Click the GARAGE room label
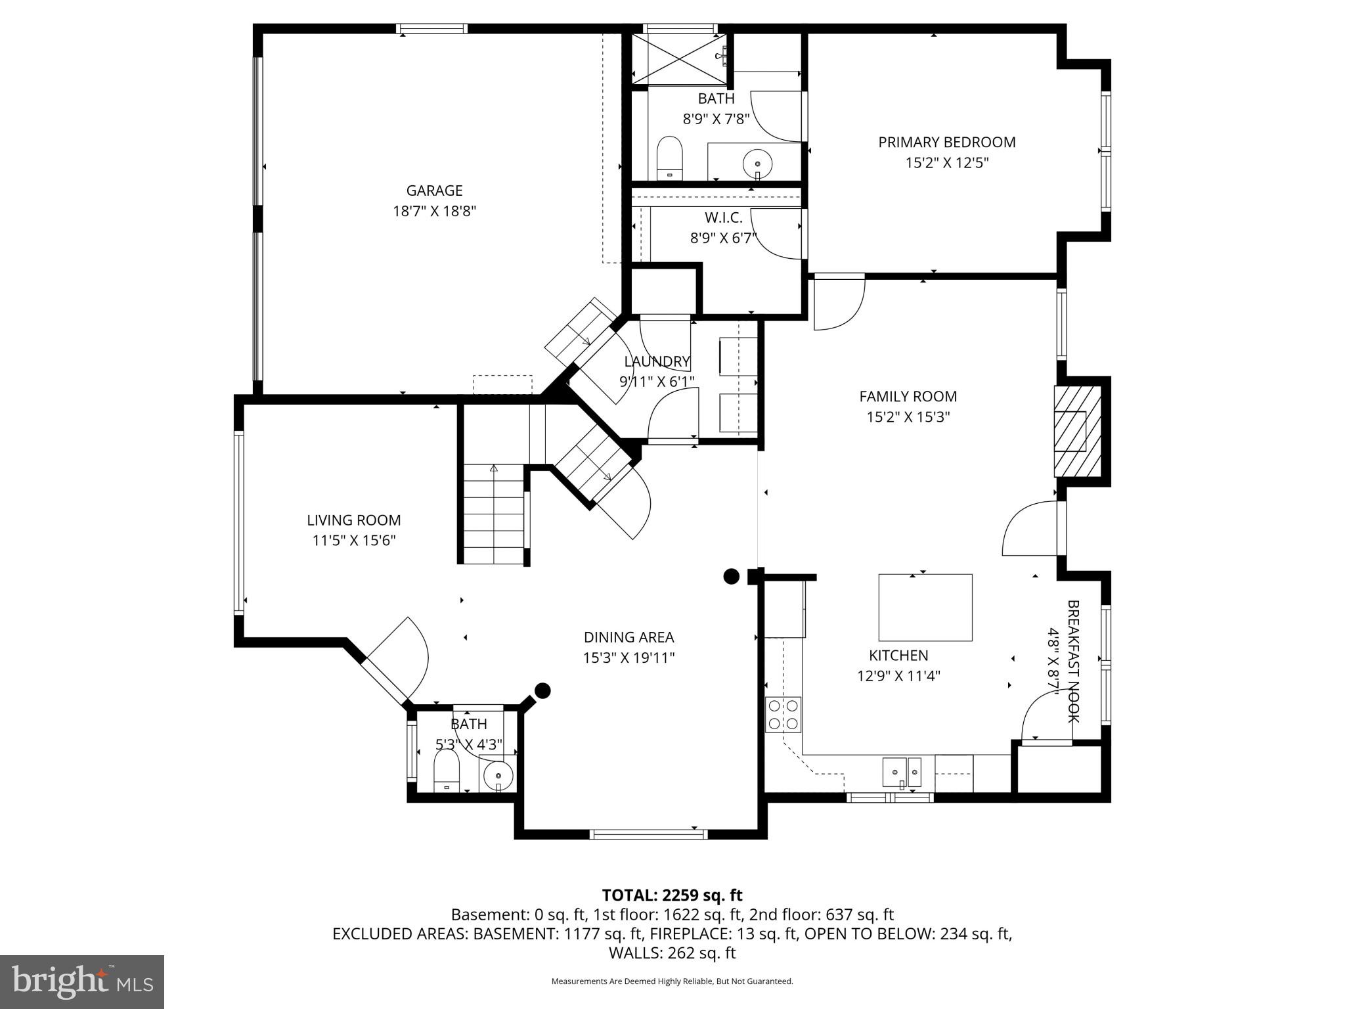click(434, 191)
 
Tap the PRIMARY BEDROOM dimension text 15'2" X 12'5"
click(946, 163)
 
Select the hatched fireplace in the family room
click(1077, 431)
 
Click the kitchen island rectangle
click(925, 607)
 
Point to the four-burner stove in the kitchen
click(783, 715)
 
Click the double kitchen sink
click(902, 771)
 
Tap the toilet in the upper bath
click(670, 158)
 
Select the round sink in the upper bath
click(757, 162)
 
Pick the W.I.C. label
click(723, 218)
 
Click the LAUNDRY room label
click(657, 361)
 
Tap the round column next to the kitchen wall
click(731, 576)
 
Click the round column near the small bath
click(542, 690)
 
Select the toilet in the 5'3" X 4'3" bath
click(447, 771)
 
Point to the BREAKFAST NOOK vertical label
click(1072, 661)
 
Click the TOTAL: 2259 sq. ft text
click(672, 895)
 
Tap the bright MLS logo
click(81, 982)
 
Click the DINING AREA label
click(628, 637)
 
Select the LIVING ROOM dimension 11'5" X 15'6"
click(353, 541)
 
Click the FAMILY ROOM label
click(908, 396)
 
